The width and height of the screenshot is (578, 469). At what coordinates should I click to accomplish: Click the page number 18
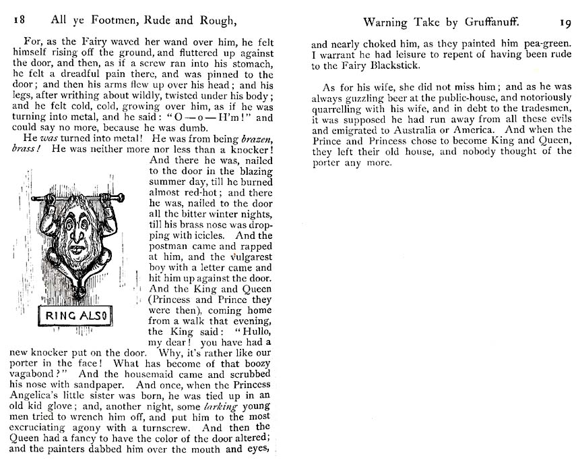click(x=20, y=22)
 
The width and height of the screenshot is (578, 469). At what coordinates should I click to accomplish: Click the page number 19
click(x=564, y=22)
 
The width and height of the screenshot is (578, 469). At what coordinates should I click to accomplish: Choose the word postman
click(x=170, y=247)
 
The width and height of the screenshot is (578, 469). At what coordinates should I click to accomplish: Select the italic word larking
click(x=223, y=406)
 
